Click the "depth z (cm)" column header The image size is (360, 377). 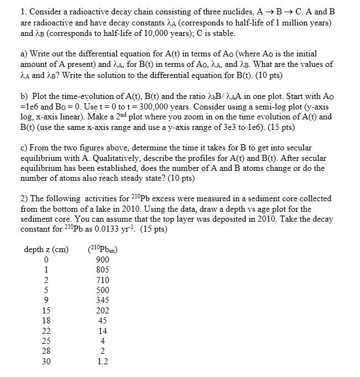(46, 249)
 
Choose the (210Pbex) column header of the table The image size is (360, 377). (103, 249)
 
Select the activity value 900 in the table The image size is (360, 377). (102, 260)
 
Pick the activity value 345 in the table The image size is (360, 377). (102, 300)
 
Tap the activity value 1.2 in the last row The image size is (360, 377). (102, 362)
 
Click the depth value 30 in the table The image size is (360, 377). (46, 362)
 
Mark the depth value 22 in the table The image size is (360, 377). (46, 331)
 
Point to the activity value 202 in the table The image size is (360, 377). (102, 311)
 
